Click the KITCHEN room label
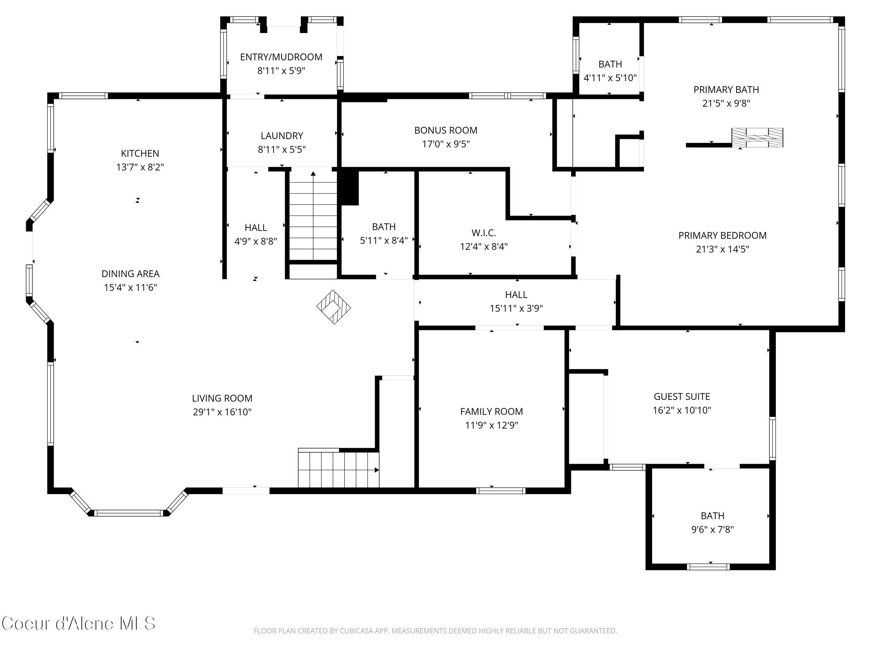140,154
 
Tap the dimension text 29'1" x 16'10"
222,412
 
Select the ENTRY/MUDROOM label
281,57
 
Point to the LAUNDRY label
282,136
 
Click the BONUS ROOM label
446,130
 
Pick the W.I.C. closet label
484,233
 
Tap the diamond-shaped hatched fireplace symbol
333,307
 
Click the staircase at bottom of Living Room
338,469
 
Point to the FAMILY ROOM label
491,412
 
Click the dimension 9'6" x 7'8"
712,530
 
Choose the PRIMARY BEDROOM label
722,235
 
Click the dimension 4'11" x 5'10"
610,78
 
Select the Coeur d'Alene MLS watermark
78,624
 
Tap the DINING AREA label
130,274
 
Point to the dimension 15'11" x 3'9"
516,309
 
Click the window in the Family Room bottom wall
500,491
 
